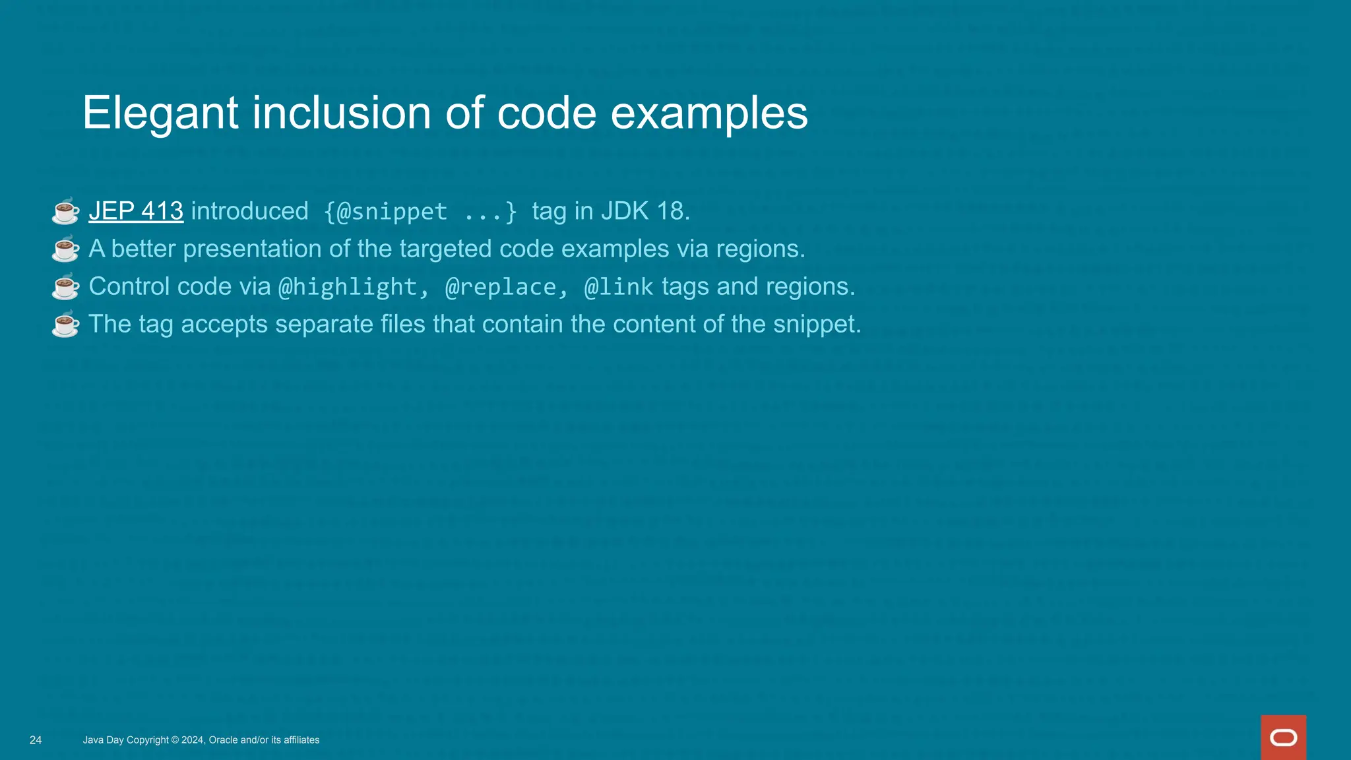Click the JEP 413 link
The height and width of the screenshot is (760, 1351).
click(136, 211)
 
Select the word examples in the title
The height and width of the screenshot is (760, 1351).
click(708, 113)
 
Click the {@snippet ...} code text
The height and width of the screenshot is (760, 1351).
click(420, 212)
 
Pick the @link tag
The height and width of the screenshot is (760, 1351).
click(619, 287)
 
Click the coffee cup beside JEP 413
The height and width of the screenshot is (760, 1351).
click(65, 211)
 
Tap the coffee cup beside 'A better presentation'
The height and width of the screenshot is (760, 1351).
click(65, 249)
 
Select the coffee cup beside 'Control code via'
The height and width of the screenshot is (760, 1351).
click(65, 286)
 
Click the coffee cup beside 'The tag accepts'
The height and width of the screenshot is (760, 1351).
click(65, 324)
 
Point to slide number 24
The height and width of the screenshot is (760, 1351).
click(36, 740)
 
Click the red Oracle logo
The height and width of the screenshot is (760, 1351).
click(1283, 737)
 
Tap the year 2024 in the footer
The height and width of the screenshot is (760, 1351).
click(193, 740)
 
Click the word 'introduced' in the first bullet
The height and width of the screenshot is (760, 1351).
click(249, 211)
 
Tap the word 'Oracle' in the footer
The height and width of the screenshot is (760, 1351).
click(223, 740)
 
